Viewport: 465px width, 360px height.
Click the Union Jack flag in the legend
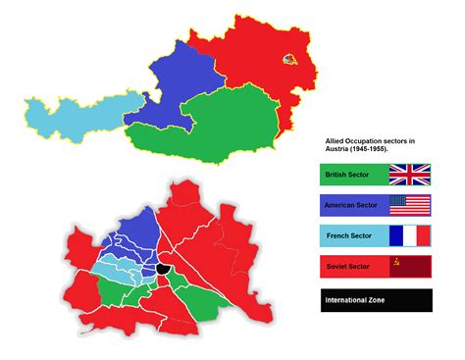click(x=410, y=176)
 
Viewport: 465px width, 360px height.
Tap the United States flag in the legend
click(x=410, y=206)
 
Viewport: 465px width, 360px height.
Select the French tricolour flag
click(x=410, y=236)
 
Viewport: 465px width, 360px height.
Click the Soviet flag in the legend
click(x=410, y=267)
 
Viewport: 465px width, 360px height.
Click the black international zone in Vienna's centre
click(x=163, y=268)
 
